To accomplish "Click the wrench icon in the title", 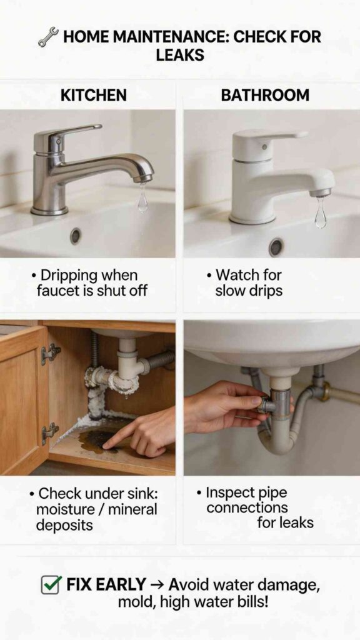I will tap(48, 37).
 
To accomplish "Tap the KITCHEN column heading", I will tap(93, 96).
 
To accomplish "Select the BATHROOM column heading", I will tap(265, 96).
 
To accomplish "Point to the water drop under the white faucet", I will tap(321, 214).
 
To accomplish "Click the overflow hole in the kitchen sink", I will tap(76, 236).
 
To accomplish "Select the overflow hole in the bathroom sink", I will tap(276, 247).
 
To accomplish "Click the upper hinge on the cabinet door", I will tap(50, 354).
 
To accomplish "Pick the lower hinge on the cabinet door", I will tap(50, 432).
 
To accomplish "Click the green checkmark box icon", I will tap(50, 585).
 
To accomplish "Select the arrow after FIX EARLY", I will tap(158, 586).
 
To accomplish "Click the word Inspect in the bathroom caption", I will tap(231, 492).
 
